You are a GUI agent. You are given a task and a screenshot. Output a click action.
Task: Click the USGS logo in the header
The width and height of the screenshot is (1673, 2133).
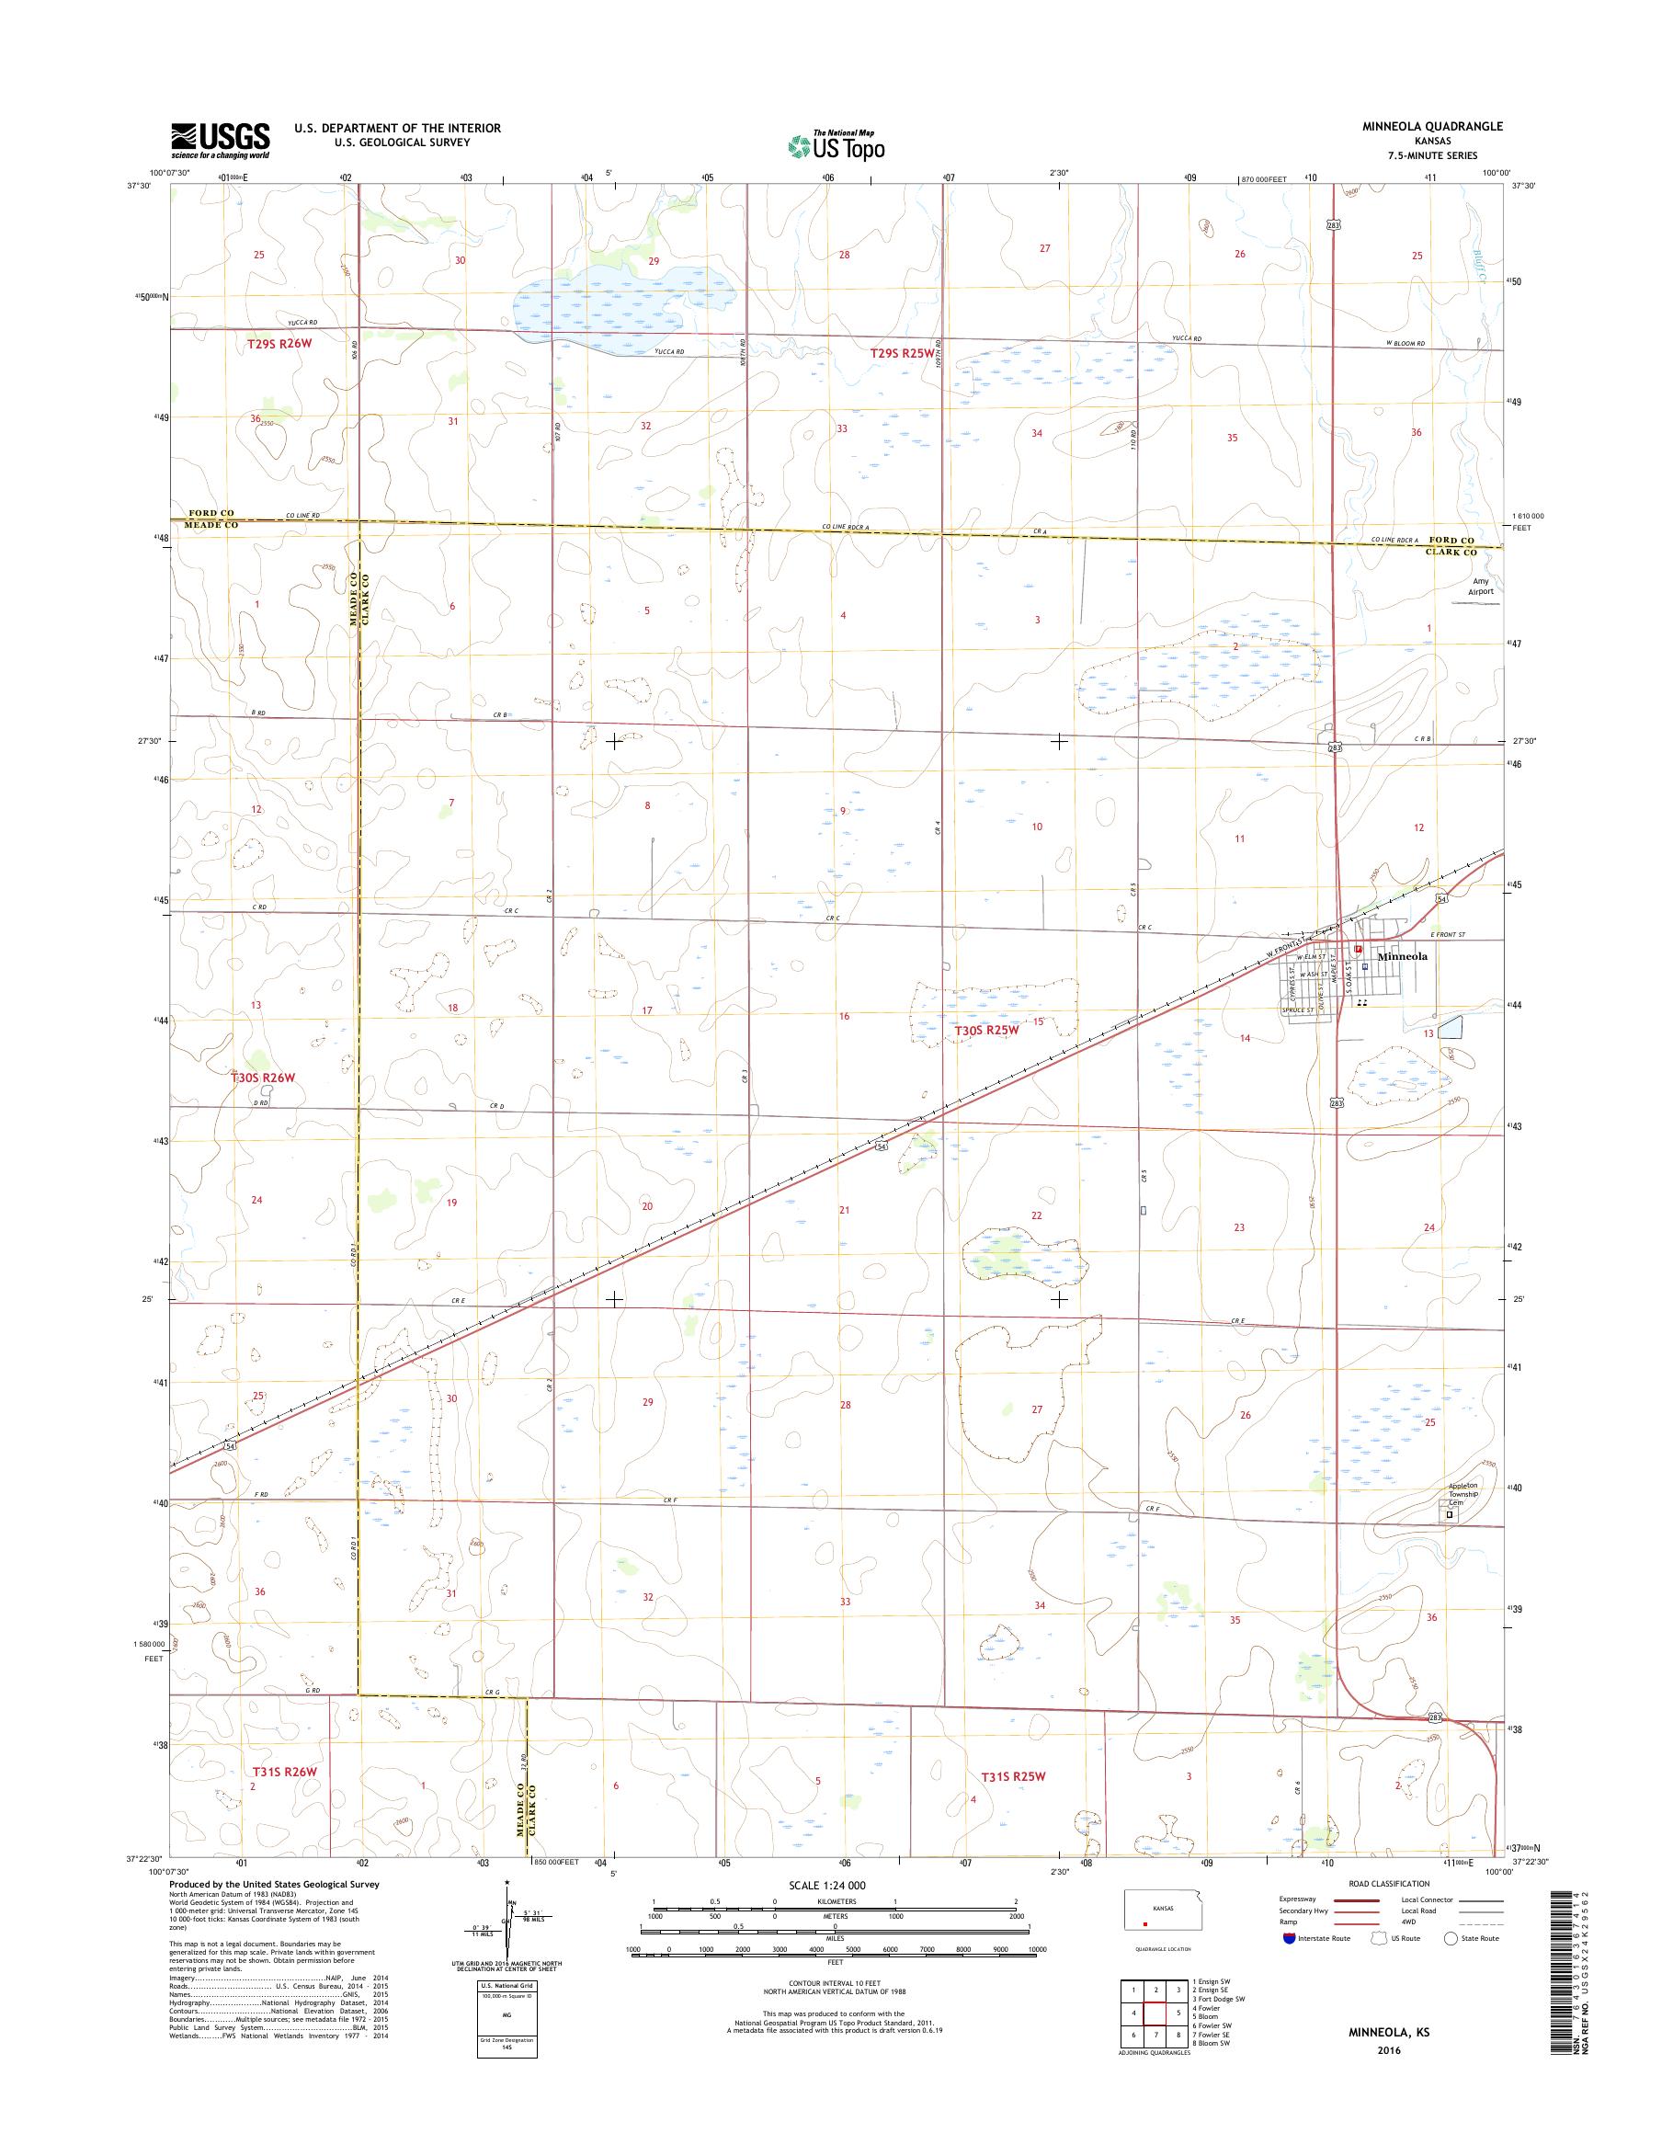pyautogui.click(x=221, y=140)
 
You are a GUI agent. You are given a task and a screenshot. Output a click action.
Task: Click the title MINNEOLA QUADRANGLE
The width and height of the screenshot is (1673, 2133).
pyautogui.click(x=1438, y=126)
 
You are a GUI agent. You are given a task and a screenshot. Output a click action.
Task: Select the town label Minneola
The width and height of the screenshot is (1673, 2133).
pyautogui.click(x=1403, y=956)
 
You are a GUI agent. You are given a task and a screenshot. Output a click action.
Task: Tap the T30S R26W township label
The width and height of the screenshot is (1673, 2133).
pyautogui.click(x=262, y=1077)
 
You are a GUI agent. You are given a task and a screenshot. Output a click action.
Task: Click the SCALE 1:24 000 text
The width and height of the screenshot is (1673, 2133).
pyautogui.click(x=826, y=1885)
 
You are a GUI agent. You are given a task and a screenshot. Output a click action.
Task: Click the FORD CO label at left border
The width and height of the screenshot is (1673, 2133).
pyautogui.click(x=212, y=513)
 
